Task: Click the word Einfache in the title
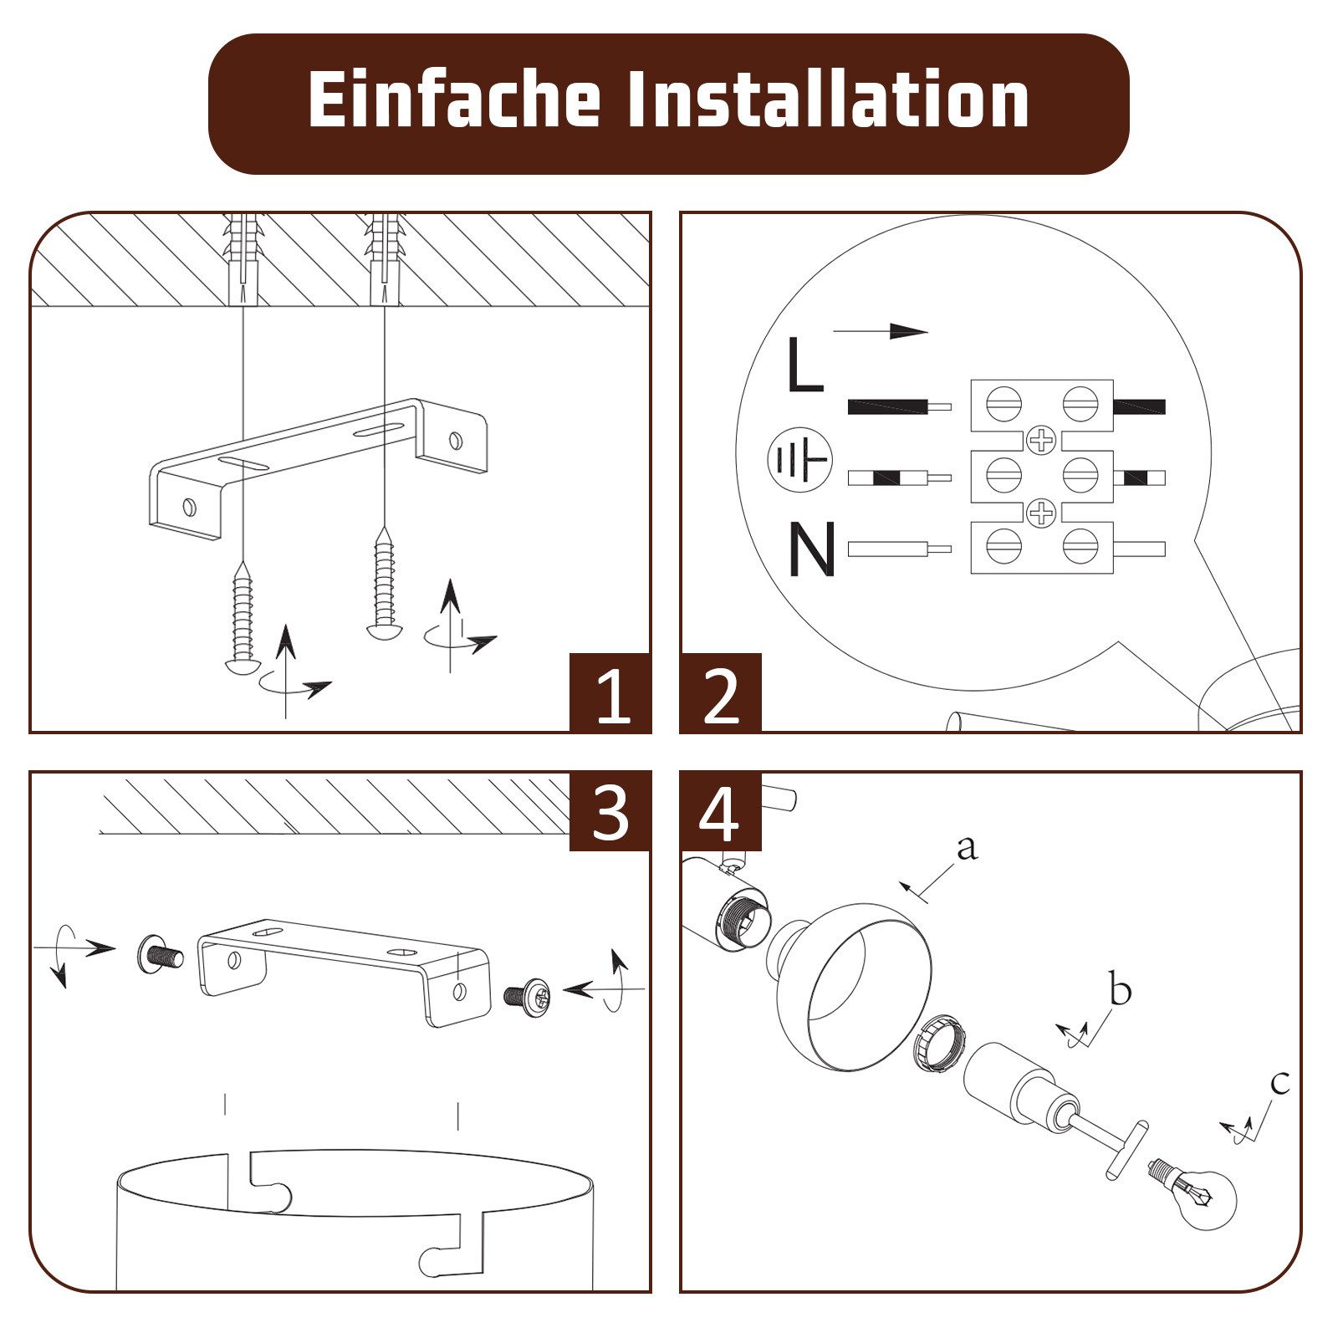[x=454, y=100]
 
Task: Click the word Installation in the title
[x=828, y=100]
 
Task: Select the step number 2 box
[x=721, y=693]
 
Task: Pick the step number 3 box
[x=610, y=811]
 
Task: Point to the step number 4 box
[x=721, y=811]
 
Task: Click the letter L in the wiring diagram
[x=805, y=365]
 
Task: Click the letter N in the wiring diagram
[x=812, y=549]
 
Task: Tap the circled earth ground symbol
[x=800, y=459]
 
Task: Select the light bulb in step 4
[x=1194, y=1191]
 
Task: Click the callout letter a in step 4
[x=967, y=848]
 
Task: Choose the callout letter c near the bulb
[x=1280, y=1083]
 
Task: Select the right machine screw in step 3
[x=528, y=996]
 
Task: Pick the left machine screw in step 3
[x=160, y=955]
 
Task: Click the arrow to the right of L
[x=881, y=331]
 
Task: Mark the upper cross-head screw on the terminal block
[x=1041, y=440]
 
